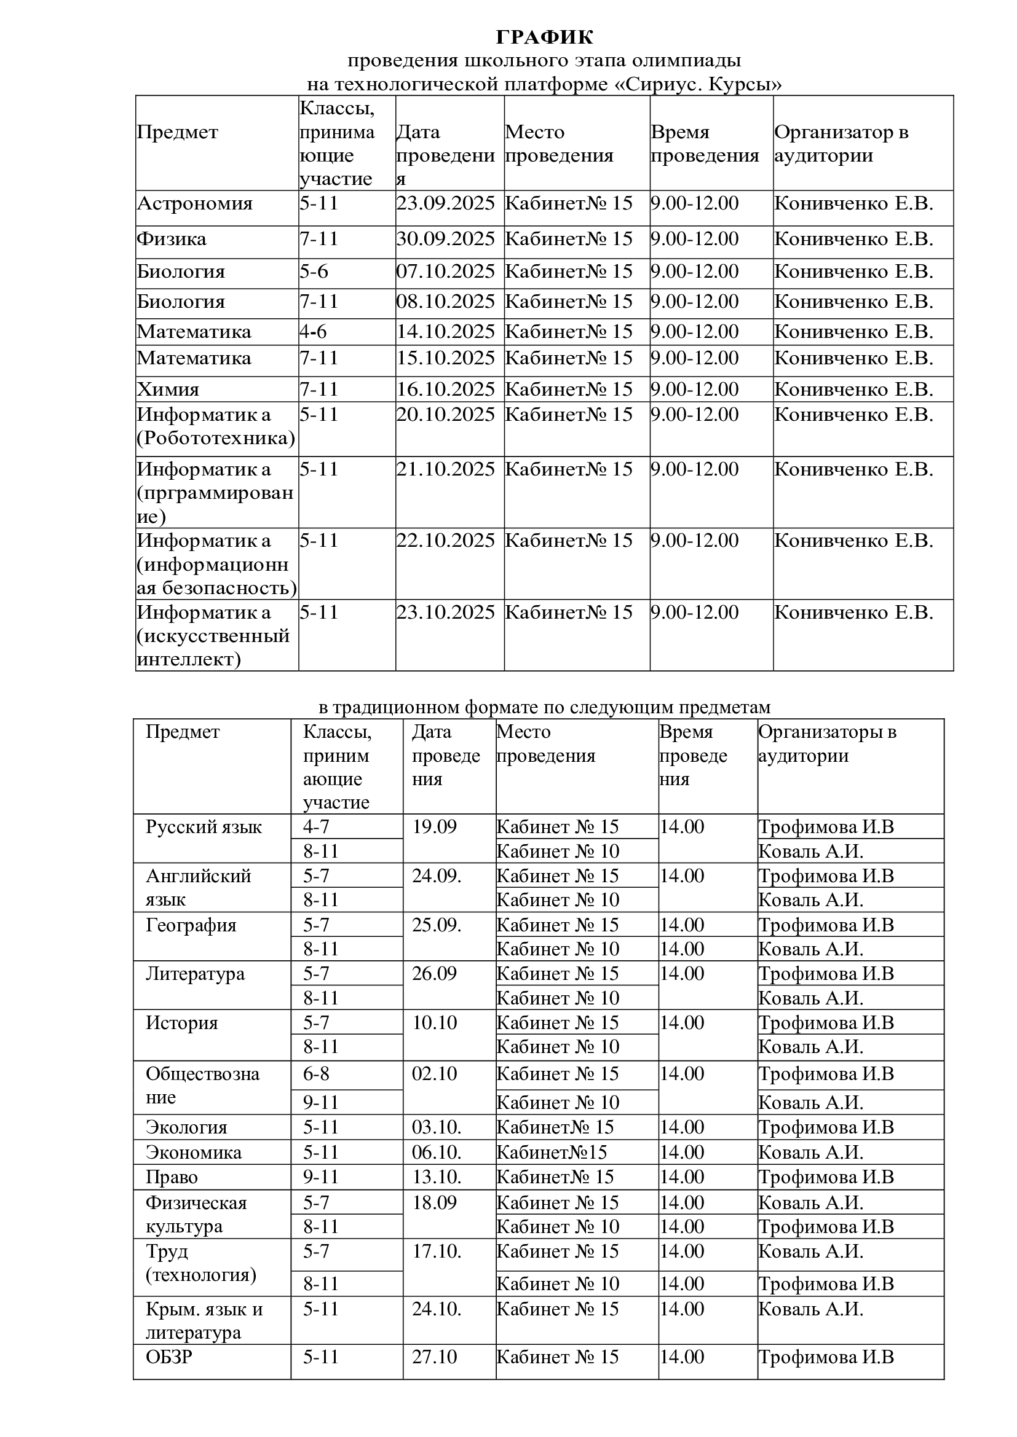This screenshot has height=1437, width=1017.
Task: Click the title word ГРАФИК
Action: click(x=544, y=37)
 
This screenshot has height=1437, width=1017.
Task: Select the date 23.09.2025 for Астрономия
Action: click(x=445, y=203)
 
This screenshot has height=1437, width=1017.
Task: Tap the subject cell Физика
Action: click(x=172, y=239)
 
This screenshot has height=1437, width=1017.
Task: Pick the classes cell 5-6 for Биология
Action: click(x=314, y=272)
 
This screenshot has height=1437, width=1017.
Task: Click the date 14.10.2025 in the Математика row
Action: click(x=445, y=332)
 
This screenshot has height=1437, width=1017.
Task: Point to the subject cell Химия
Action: click(x=168, y=390)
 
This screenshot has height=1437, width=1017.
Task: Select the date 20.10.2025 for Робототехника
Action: click(x=445, y=415)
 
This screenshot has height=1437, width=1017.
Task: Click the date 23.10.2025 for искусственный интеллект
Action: click(x=445, y=612)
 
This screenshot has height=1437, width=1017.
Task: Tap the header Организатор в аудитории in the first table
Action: click(x=841, y=143)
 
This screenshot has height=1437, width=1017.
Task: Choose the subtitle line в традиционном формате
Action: click(x=544, y=707)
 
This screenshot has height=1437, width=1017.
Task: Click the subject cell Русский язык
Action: click(x=204, y=827)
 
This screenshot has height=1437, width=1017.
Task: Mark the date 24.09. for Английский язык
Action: click(x=437, y=875)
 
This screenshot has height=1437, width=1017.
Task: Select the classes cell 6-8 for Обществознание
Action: click(x=316, y=1073)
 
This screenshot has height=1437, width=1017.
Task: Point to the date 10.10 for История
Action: click(x=434, y=1023)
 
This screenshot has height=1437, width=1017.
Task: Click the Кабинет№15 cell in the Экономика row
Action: click(x=552, y=1152)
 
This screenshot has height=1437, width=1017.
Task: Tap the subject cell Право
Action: click(x=172, y=1177)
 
